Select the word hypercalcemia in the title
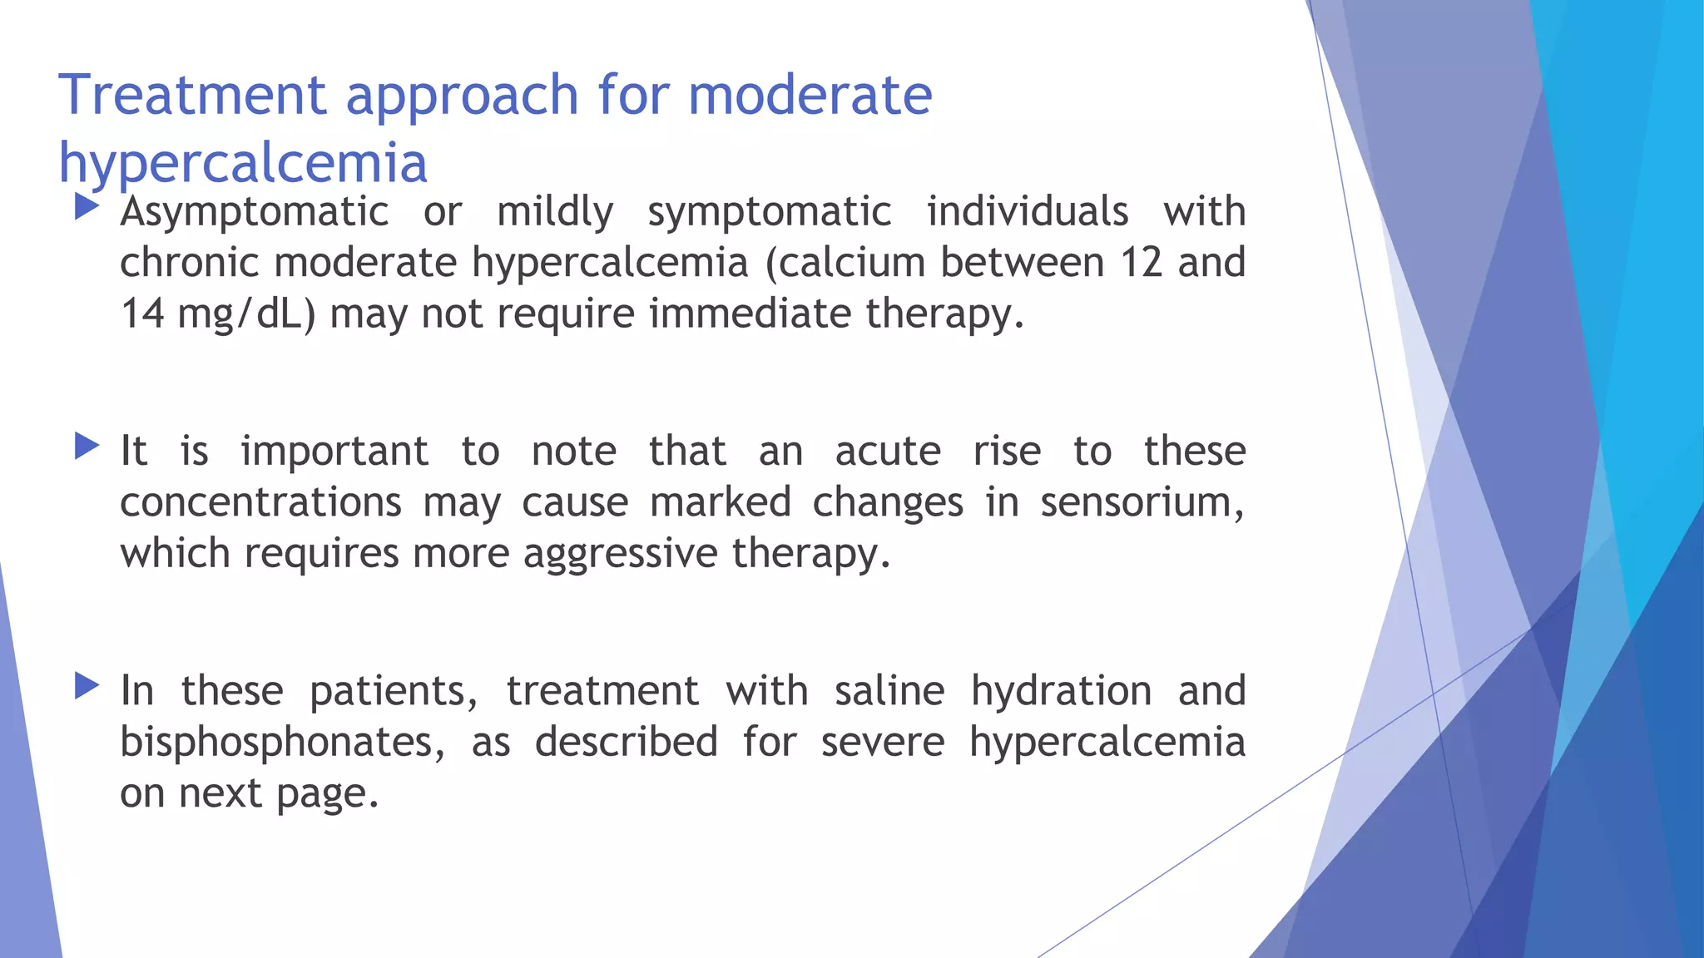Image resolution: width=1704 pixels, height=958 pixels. click(x=243, y=163)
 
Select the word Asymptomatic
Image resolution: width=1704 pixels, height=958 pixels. click(x=255, y=212)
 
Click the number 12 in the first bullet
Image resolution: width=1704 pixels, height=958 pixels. click(x=1141, y=263)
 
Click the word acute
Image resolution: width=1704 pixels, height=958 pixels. click(x=888, y=452)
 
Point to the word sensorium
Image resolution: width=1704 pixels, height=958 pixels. click(x=1142, y=502)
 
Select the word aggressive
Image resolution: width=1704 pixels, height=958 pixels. click(x=621, y=554)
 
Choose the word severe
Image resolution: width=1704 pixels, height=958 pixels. click(x=883, y=742)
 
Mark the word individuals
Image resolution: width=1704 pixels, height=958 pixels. click(x=1028, y=212)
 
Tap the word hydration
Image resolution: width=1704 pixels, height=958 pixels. click(x=1061, y=691)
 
